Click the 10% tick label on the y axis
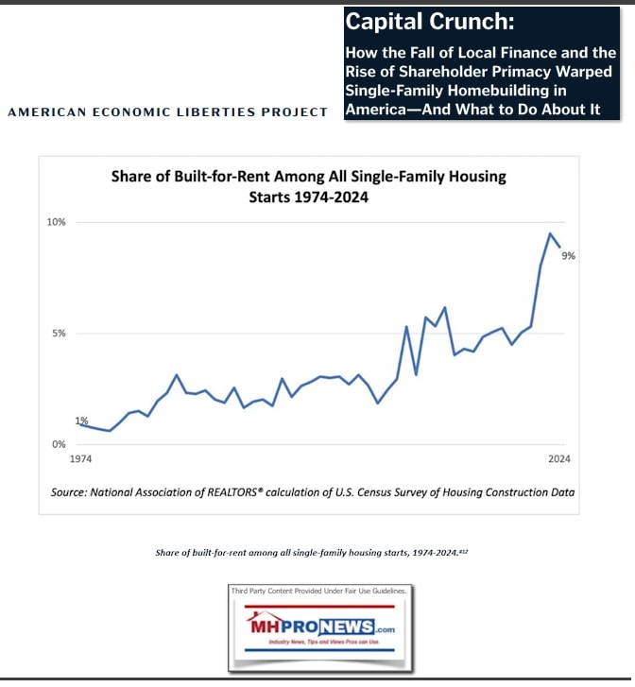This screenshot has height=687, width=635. (57, 222)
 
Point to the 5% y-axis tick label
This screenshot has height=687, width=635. (59, 334)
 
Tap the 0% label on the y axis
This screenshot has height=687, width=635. (59, 444)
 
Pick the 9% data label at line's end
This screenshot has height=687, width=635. (569, 256)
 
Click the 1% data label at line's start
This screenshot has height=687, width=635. (81, 421)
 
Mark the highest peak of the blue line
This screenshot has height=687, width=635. (550, 233)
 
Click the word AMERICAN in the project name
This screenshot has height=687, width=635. (43, 112)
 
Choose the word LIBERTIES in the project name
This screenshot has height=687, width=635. (227, 112)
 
